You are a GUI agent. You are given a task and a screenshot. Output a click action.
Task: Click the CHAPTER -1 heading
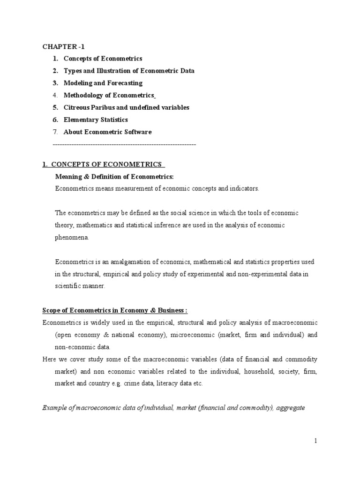coord(64,46)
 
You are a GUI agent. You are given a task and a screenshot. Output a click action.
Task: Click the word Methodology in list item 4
coord(82,95)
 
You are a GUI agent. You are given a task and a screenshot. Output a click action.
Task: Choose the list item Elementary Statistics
coord(96,120)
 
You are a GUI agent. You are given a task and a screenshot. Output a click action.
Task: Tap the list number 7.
coord(55,132)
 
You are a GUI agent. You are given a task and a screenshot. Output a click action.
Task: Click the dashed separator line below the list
coord(124,145)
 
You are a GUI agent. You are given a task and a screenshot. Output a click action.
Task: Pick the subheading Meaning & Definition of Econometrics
coord(114,176)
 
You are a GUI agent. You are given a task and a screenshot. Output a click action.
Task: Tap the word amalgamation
coord(119,262)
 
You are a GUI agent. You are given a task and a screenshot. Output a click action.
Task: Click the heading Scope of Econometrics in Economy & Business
coord(115,310)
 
